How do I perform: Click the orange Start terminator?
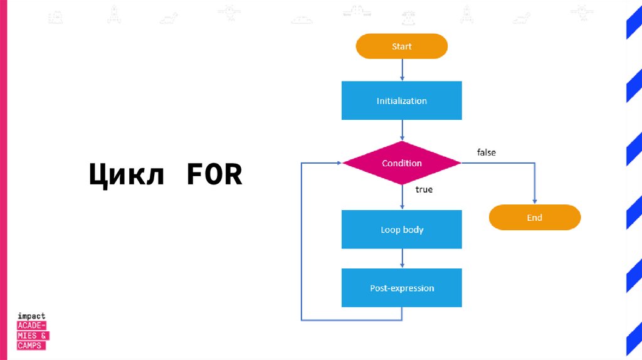(401, 46)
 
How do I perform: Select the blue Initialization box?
(401, 100)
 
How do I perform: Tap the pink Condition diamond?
(401, 163)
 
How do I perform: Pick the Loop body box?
(401, 230)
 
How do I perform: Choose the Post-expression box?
(401, 288)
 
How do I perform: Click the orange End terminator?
(534, 218)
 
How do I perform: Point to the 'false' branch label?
(487, 152)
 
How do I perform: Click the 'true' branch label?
(424, 189)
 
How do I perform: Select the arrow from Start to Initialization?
(402, 70)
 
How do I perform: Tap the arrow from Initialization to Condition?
(402, 130)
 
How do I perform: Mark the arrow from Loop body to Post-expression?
(402, 258)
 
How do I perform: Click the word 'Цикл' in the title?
(126, 175)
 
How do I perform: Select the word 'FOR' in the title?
(214, 175)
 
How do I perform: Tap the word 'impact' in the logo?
(31, 316)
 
